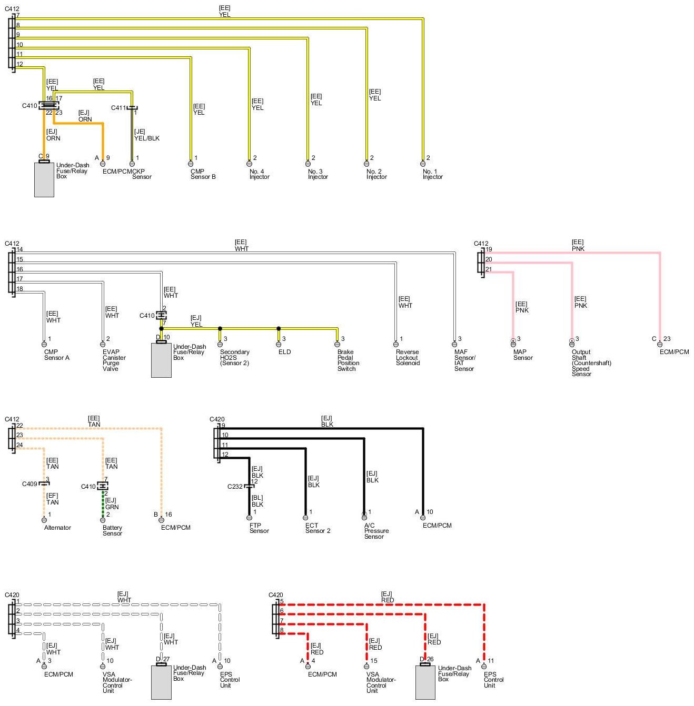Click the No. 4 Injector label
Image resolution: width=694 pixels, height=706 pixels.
[259, 174]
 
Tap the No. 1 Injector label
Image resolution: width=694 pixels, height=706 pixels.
[432, 174]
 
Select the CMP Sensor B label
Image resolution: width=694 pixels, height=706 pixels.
[203, 174]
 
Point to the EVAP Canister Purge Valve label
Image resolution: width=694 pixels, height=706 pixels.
[114, 360]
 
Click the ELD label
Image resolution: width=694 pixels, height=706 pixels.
[284, 352]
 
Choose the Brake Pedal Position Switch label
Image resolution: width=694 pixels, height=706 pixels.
[348, 360]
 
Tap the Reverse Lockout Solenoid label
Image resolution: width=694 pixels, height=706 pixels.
[407, 358]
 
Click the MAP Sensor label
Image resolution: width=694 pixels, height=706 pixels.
[523, 355]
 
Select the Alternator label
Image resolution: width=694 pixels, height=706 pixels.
[57, 528]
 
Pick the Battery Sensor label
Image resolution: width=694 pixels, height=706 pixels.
[112, 530]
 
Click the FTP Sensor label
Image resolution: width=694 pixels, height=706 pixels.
[259, 528]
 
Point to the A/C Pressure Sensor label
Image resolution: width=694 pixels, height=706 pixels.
[376, 531]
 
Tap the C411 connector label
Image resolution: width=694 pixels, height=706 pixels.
[118, 108]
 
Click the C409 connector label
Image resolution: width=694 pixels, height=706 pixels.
[29, 484]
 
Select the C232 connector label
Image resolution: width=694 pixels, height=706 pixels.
[235, 487]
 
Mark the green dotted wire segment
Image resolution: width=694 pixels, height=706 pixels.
[103, 503]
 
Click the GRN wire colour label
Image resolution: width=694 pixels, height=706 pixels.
[112, 507]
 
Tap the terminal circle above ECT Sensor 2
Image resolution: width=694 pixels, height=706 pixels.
[305, 518]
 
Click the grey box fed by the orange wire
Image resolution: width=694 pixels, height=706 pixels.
[44, 179]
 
